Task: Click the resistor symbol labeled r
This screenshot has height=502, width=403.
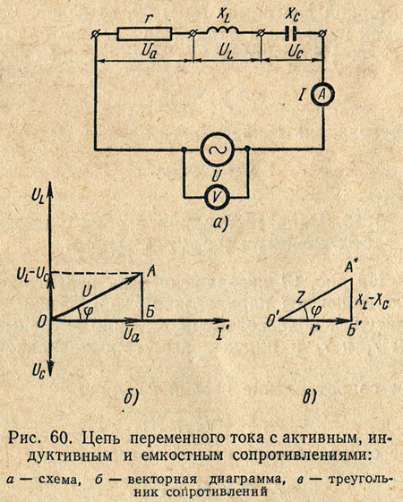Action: click(144, 34)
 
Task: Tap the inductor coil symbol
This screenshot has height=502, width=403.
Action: click(223, 30)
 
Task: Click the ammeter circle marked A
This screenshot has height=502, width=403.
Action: click(323, 94)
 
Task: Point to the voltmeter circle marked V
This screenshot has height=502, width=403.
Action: click(217, 196)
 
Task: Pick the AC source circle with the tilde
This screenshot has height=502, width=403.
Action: click(218, 149)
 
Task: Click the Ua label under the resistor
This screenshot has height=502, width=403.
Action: click(149, 51)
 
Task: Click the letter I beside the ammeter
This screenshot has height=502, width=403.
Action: click(301, 96)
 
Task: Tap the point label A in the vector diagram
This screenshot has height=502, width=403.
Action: click(151, 272)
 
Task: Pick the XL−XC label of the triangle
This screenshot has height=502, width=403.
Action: click(373, 302)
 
